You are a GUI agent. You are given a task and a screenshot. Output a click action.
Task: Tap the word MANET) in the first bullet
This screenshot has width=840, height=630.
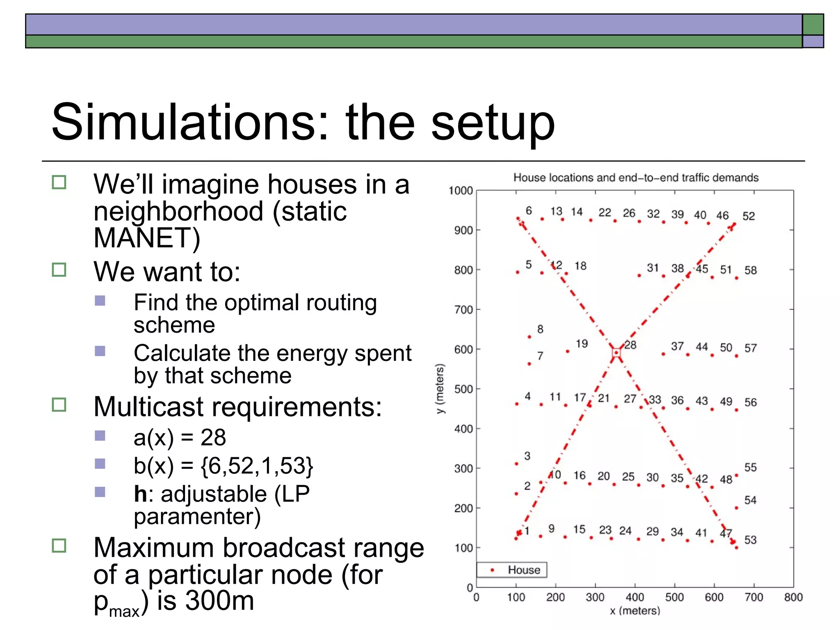[x=147, y=238]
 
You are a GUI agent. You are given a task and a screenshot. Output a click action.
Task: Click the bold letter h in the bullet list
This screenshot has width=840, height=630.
[x=140, y=493]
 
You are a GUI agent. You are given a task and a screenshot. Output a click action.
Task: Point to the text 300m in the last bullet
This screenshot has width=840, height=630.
[x=219, y=600]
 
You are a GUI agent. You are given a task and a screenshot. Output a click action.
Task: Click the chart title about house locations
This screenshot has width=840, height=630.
[x=636, y=178]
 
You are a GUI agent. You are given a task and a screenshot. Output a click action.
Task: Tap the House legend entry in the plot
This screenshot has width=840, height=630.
[x=523, y=570]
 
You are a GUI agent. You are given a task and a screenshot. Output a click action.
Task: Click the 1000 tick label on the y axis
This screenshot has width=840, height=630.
[x=461, y=191]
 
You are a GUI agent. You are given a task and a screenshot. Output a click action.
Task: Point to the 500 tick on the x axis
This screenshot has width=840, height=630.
[x=674, y=597]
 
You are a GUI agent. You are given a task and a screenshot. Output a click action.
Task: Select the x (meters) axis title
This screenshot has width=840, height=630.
[x=635, y=611]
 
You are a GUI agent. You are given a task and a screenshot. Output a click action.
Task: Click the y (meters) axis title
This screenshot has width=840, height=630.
[x=440, y=388]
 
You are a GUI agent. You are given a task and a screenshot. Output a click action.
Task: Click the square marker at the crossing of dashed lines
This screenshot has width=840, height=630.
[x=616, y=353]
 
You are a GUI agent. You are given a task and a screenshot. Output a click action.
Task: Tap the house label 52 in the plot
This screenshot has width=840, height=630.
[x=749, y=216]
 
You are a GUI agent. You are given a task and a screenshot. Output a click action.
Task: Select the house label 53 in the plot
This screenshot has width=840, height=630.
[x=750, y=540]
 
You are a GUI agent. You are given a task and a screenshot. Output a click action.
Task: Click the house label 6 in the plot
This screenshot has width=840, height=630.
[x=529, y=211]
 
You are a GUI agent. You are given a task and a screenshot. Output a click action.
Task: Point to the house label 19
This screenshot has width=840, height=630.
[x=582, y=344]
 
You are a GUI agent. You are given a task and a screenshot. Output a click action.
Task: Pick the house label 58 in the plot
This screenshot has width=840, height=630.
[x=751, y=270]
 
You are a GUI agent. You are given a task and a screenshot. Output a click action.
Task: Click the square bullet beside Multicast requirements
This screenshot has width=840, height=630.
[x=59, y=405]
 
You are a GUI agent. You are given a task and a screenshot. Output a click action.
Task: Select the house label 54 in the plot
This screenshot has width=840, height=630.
[x=750, y=500]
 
